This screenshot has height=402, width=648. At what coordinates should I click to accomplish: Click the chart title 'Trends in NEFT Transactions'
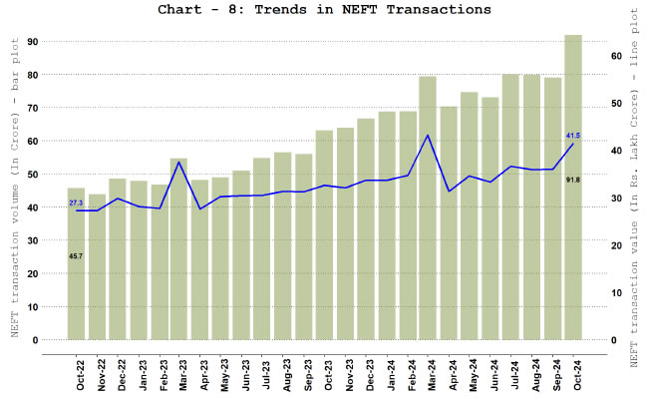(x=324, y=10)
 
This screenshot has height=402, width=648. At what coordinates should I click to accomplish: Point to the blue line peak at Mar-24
(x=428, y=136)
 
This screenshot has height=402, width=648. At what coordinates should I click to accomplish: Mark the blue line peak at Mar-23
(x=178, y=162)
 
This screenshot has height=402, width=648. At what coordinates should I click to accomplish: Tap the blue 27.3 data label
(x=76, y=202)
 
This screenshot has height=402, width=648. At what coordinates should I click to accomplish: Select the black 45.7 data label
(x=76, y=256)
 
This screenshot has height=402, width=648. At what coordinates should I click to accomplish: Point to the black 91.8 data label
(x=573, y=179)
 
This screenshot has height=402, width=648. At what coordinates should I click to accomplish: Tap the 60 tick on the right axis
(x=616, y=56)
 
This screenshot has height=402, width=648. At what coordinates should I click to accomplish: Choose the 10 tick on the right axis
(x=616, y=293)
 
